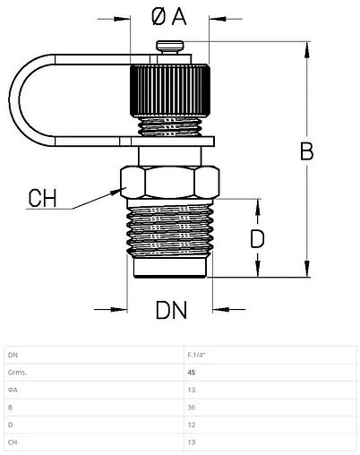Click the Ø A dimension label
click(169, 16)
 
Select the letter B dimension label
click(307, 151)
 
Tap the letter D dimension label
click(257, 239)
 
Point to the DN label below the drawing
click(171, 310)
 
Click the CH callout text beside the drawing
click(42, 198)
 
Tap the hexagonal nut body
click(170, 182)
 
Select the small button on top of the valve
click(170, 47)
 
